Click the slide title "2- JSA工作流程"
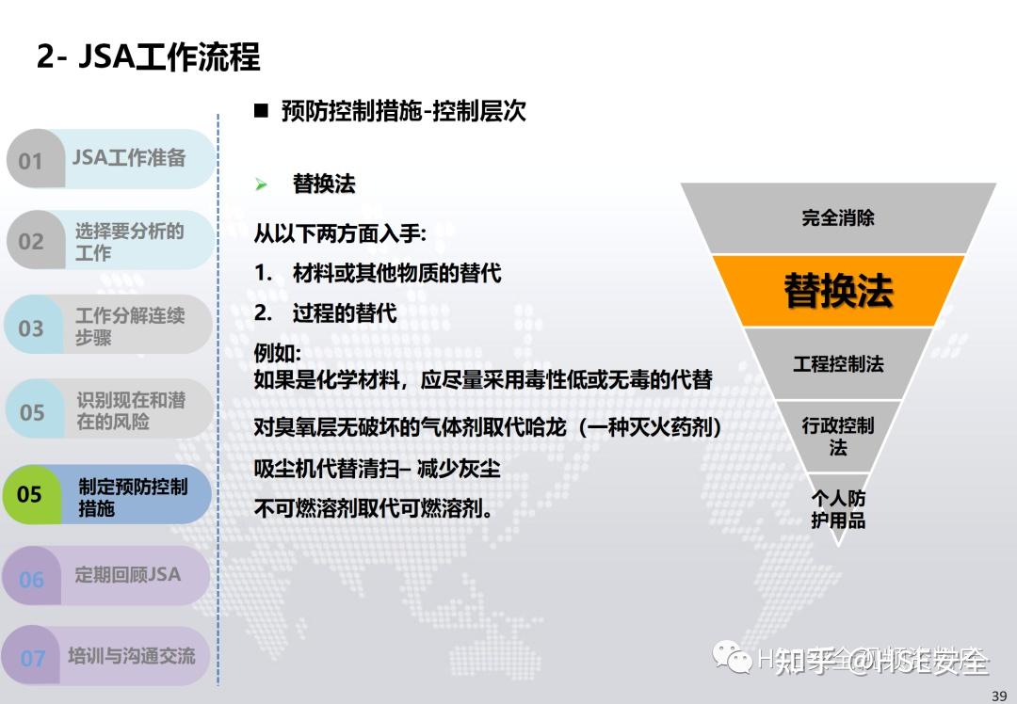(148, 57)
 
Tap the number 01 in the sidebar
(31, 160)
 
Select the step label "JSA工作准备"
(129, 158)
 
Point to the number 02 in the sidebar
(31, 241)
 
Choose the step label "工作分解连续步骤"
(130, 326)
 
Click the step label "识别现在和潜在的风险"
(130, 411)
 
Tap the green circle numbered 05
(30, 494)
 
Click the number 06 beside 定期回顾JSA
(31, 579)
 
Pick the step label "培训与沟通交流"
(131, 656)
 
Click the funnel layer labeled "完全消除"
(838, 218)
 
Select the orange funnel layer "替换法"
(838, 291)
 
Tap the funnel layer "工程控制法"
(838, 363)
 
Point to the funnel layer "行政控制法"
(838, 437)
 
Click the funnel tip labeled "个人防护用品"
(838, 509)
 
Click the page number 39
(999, 696)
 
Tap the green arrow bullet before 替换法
(261, 184)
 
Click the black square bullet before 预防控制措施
(261, 111)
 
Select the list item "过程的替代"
(344, 313)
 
